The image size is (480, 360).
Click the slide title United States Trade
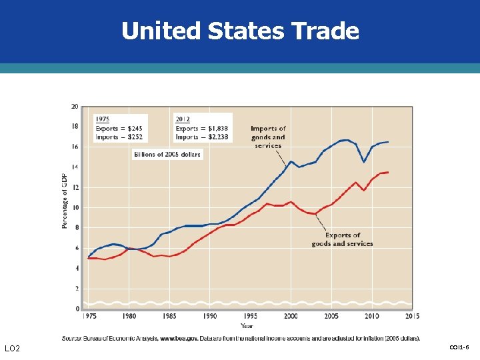click(x=240, y=31)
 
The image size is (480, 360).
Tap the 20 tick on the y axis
click(x=75, y=106)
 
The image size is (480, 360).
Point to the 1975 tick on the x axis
click(x=89, y=316)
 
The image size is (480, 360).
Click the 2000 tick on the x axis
click(x=291, y=316)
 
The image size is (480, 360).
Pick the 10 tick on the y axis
click(x=75, y=207)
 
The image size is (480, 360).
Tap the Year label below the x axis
click(x=247, y=326)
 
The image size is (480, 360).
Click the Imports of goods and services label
click(x=268, y=137)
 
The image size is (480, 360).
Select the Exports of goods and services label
click(x=342, y=239)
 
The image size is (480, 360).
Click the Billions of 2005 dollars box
click(x=167, y=154)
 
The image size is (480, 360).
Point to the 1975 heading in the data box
click(x=103, y=119)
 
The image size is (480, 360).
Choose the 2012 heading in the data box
click(x=183, y=119)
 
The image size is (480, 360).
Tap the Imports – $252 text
click(x=119, y=137)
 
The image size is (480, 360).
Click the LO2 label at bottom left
click(x=13, y=349)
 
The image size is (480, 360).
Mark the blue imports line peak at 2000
click(x=291, y=161)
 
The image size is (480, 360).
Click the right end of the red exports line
click(x=388, y=172)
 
